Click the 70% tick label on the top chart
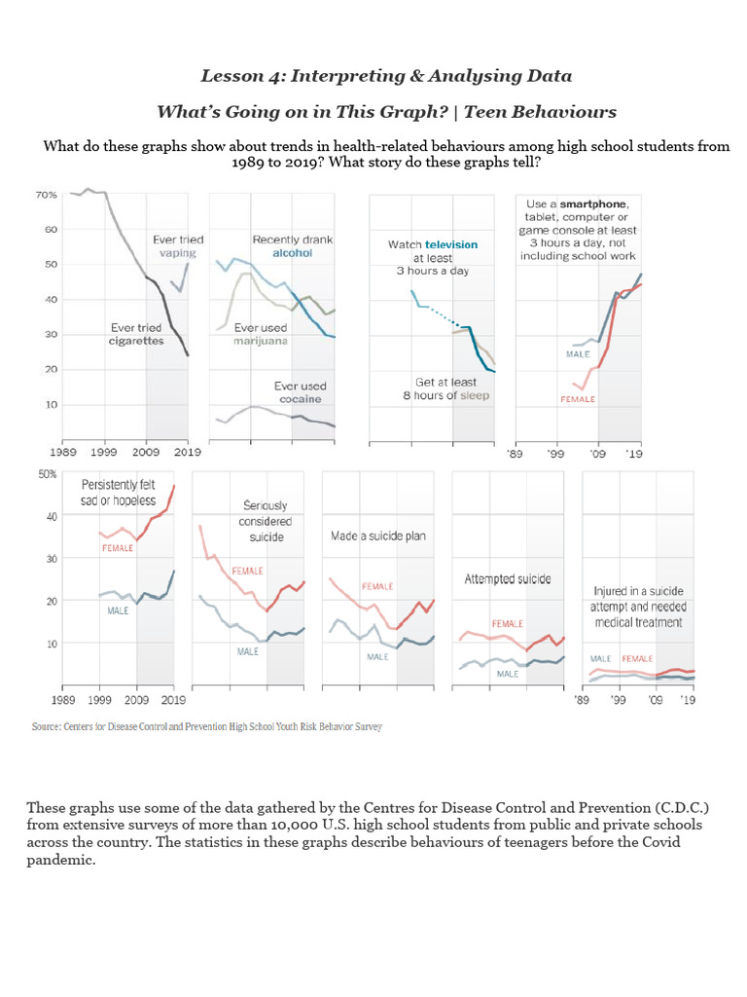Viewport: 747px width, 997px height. [x=45, y=195]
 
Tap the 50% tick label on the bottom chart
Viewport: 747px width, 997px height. [x=47, y=474]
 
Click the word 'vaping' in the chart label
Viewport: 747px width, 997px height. [x=178, y=253]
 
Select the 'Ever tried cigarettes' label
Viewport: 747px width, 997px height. [x=136, y=334]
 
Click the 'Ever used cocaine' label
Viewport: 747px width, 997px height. [x=300, y=393]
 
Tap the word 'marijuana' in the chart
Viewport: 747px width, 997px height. [x=261, y=342]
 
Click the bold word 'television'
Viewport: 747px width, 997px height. [x=449, y=244]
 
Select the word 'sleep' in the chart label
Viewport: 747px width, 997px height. [x=470, y=395]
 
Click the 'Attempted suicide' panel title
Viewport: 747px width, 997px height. [x=507, y=578]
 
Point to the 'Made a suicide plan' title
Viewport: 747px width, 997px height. [x=378, y=536]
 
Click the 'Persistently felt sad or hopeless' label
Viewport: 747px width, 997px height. [x=119, y=492]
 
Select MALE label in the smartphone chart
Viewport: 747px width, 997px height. [x=578, y=353]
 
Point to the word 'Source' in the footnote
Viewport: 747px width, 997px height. [x=47, y=725]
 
